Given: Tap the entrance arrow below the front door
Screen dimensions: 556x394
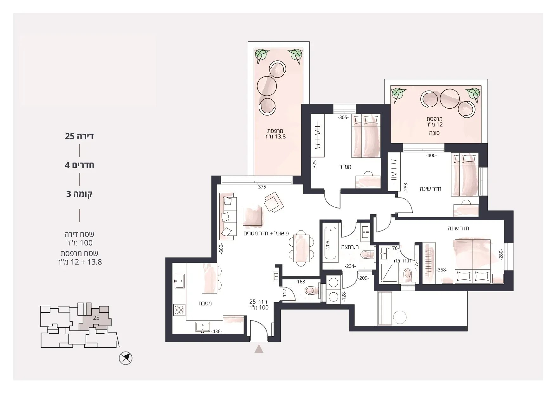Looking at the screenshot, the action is tap(259, 349).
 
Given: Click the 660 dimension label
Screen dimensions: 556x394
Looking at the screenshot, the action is tap(221, 249).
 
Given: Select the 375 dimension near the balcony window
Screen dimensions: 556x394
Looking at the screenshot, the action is tap(262, 187).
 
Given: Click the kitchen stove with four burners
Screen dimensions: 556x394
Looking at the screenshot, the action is tap(179, 310).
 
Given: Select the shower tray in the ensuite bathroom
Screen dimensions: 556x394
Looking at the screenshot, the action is tap(388, 273).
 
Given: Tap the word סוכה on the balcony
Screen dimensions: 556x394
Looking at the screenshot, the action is tap(434, 133).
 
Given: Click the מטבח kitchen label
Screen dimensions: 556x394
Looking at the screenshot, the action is tap(205, 303).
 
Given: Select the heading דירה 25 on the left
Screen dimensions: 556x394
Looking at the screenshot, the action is tap(79, 136).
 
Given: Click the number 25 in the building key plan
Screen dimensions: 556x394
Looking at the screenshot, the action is tap(96, 318).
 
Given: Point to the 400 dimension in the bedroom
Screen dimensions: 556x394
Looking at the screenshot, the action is tap(432, 156).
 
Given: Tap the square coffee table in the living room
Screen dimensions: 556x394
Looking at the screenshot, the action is tap(253, 217).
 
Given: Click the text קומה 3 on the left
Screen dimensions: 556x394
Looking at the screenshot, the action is tap(79, 194).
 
